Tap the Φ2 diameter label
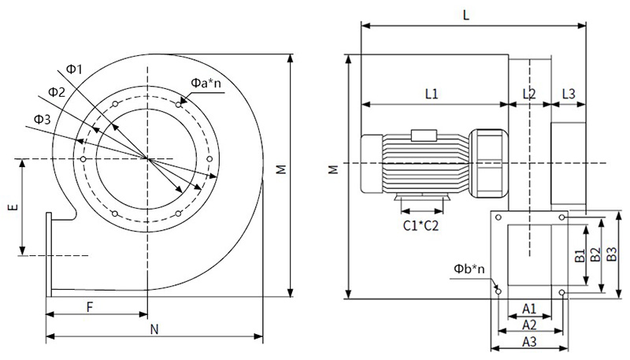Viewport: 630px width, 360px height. [57, 92]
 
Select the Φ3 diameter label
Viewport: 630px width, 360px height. [43, 120]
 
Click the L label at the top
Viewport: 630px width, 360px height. [468, 15]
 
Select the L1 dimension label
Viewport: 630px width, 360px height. [432, 94]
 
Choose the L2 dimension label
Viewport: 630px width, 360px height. [529, 94]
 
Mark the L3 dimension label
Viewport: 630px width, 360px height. [569, 94]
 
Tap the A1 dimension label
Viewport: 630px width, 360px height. [529, 307]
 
